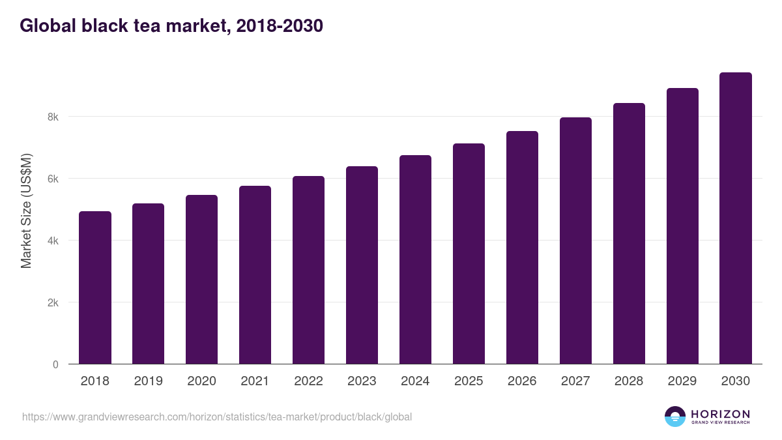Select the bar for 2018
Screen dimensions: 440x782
coord(95,287)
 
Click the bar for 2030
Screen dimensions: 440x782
coord(736,218)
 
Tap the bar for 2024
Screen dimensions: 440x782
coord(415,259)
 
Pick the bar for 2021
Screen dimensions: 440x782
coord(255,275)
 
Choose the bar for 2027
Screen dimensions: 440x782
coord(575,241)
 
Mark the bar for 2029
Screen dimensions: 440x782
coord(682,226)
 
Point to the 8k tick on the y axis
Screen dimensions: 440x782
coord(52,117)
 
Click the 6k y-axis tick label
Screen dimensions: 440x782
coord(52,179)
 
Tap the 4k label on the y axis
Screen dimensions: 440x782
coord(52,241)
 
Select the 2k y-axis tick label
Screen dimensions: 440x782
coord(52,303)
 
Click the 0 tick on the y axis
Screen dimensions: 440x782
coord(55,365)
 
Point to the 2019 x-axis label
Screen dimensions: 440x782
coord(148,381)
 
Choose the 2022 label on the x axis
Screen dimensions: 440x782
coord(308,381)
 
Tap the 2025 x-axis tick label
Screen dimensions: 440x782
coord(469,381)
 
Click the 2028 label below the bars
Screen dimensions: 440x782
coord(629,381)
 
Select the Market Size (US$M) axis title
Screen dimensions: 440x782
coord(26,211)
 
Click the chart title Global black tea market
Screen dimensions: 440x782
coord(171,26)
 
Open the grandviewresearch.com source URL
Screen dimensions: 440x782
coord(217,417)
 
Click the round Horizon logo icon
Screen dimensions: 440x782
coord(675,417)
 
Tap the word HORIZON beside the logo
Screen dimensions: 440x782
coord(720,414)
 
